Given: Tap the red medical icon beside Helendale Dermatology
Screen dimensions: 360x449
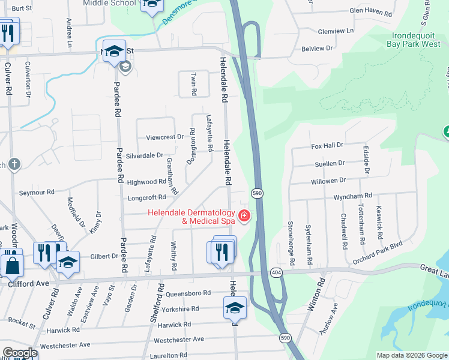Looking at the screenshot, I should click(244, 216).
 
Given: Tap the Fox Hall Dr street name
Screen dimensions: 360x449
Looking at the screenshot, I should click(327, 145).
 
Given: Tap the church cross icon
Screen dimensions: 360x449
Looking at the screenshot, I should click(14, 163).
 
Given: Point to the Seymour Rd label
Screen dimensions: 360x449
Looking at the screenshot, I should click(37, 192).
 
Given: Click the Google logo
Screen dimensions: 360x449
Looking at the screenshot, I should click(19, 353).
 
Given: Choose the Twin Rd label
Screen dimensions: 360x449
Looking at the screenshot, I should click(194, 85).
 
